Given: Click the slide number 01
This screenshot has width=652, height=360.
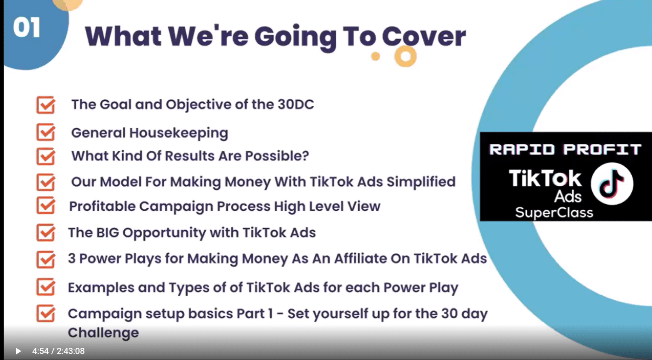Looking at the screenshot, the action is pos(27,28).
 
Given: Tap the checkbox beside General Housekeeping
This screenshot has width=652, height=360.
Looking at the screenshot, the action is pos(46,132).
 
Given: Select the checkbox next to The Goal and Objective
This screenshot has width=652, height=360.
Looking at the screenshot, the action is pos(46,105).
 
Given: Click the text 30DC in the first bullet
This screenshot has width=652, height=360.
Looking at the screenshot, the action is pos(296,104).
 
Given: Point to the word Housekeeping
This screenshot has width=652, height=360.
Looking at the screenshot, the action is pos(179,133).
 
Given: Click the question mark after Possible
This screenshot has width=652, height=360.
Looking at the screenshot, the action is pos(305,156).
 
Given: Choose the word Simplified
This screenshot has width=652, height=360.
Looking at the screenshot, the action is pos(421,182).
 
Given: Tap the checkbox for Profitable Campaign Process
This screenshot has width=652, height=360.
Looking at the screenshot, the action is pos(46,205).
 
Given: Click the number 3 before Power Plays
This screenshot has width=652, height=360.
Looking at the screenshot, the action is pos(72,258).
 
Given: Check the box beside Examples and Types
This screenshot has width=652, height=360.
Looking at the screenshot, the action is pos(46,287).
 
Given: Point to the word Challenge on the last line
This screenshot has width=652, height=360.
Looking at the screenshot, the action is pos(103,332).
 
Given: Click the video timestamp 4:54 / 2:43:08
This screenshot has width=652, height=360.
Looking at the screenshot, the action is pos(59,351).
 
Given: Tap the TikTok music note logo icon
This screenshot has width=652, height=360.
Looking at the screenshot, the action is pos(612,184).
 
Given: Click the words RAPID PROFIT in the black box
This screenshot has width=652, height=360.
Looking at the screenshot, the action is pos(565,150).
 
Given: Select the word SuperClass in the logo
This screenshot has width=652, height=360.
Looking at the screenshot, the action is pos(554,212).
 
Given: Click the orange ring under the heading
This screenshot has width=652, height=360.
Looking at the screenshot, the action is pos(405,56).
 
